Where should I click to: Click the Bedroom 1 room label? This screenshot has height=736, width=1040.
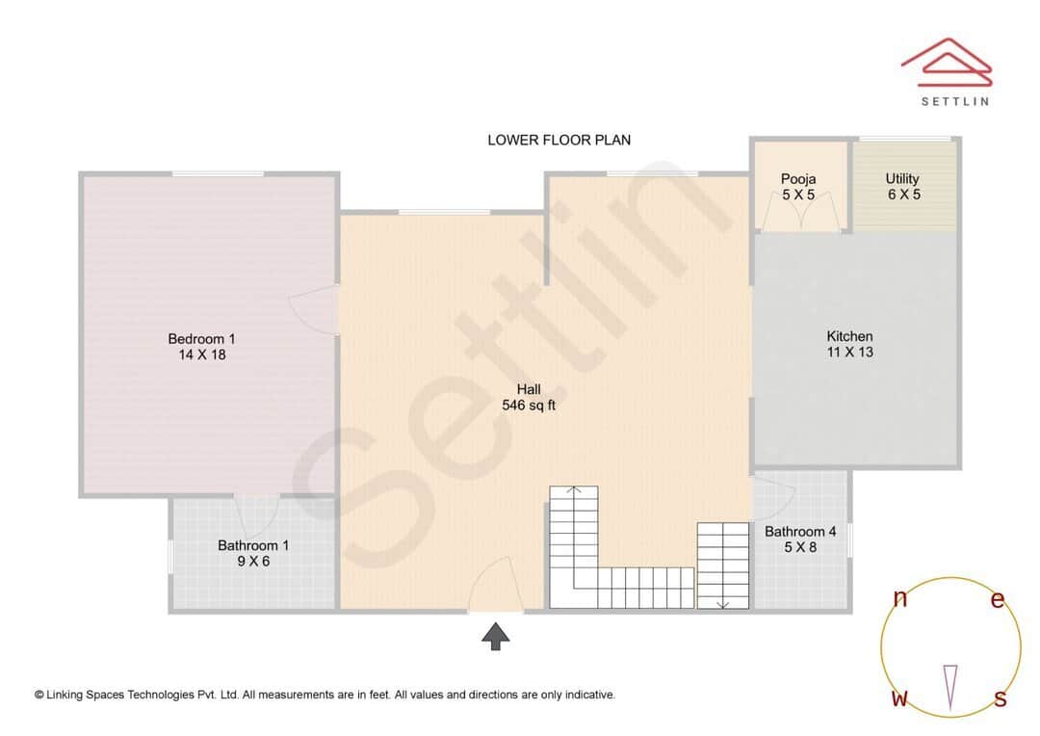(x=201, y=338)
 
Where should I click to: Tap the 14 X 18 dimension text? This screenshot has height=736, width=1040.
(x=201, y=355)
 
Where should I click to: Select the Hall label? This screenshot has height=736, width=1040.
(x=529, y=389)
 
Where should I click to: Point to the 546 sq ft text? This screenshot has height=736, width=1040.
(x=529, y=406)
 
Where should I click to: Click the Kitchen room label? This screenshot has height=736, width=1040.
(x=849, y=336)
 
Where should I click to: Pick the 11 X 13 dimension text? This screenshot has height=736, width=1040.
(x=849, y=353)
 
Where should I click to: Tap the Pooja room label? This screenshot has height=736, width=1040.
(x=798, y=178)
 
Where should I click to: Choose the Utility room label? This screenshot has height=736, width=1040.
(x=902, y=178)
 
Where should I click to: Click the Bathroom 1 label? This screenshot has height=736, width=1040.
(x=253, y=545)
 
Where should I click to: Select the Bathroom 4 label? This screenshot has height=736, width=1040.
(x=800, y=532)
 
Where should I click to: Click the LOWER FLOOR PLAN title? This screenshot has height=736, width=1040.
(x=559, y=140)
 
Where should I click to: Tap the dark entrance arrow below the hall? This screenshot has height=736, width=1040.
(x=496, y=636)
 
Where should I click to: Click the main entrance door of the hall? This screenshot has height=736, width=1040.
(x=495, y=590)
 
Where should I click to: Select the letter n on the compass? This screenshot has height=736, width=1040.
(x=900, y=599)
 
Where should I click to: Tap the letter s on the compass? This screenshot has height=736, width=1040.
(x=1000, y=698)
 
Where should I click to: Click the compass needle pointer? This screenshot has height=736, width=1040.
(x=950, y=687)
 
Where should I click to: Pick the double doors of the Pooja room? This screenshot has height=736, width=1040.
(x=798, y=215)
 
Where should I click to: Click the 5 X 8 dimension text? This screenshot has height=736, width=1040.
(x=800, y=548)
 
